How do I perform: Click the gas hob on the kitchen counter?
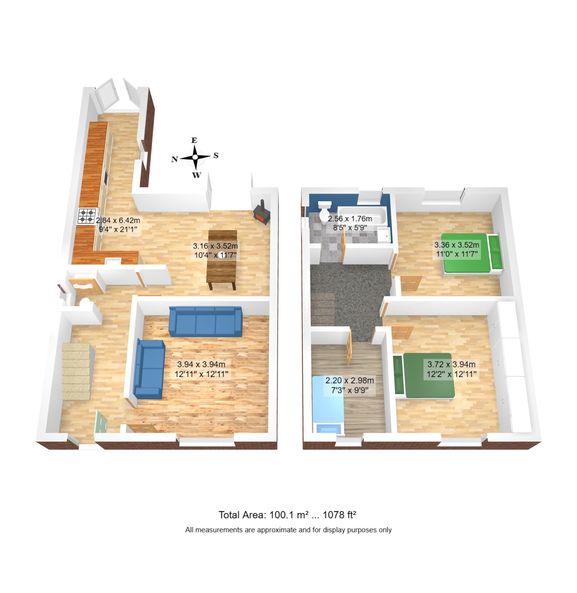coord(87,216)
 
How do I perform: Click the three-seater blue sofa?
coord(205,321)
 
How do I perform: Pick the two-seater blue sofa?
coord(149,369)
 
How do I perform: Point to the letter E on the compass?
coord(194,140)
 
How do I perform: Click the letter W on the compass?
coord(197,175)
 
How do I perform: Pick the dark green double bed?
coord(429,376)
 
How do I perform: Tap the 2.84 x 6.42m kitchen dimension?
coord(118,224)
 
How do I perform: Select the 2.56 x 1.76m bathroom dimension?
coord(350,223)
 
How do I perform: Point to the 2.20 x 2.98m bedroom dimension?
coord(350,385)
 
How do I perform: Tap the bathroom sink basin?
coord(384,235)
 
